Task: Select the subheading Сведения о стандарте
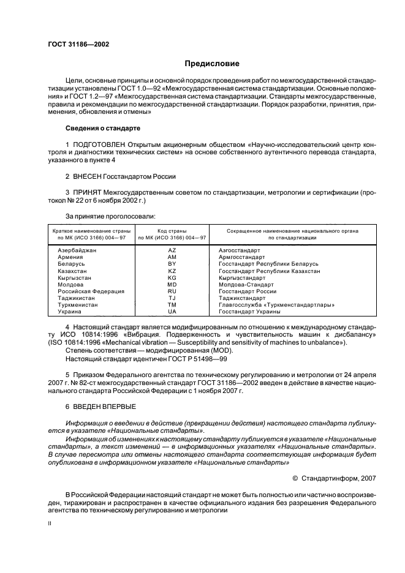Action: pos(103,129)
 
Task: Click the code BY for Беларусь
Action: pos(172,264)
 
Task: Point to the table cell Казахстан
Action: pos(72,271)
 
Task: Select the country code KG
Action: pos(172,277)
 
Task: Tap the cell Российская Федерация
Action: pos(91,291)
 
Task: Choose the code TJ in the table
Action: pos(172,298)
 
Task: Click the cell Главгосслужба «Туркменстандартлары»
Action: pos(276,304)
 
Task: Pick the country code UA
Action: pos(172,311)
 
